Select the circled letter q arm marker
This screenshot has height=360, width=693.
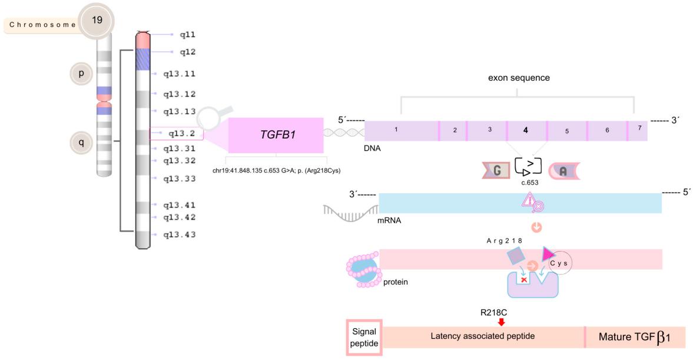coord(81,141)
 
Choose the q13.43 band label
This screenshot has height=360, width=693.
coord(179,235)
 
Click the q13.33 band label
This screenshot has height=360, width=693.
coord(179,178)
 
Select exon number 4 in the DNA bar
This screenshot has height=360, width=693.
coord(525,130)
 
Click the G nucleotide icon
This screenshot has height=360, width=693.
coord(496,170)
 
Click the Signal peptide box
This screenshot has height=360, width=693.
coord(364,337)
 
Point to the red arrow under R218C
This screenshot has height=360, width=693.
coord(501,322)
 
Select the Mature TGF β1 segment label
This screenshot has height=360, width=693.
coord(635,338)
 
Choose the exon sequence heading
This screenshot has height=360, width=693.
coord(518,77)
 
